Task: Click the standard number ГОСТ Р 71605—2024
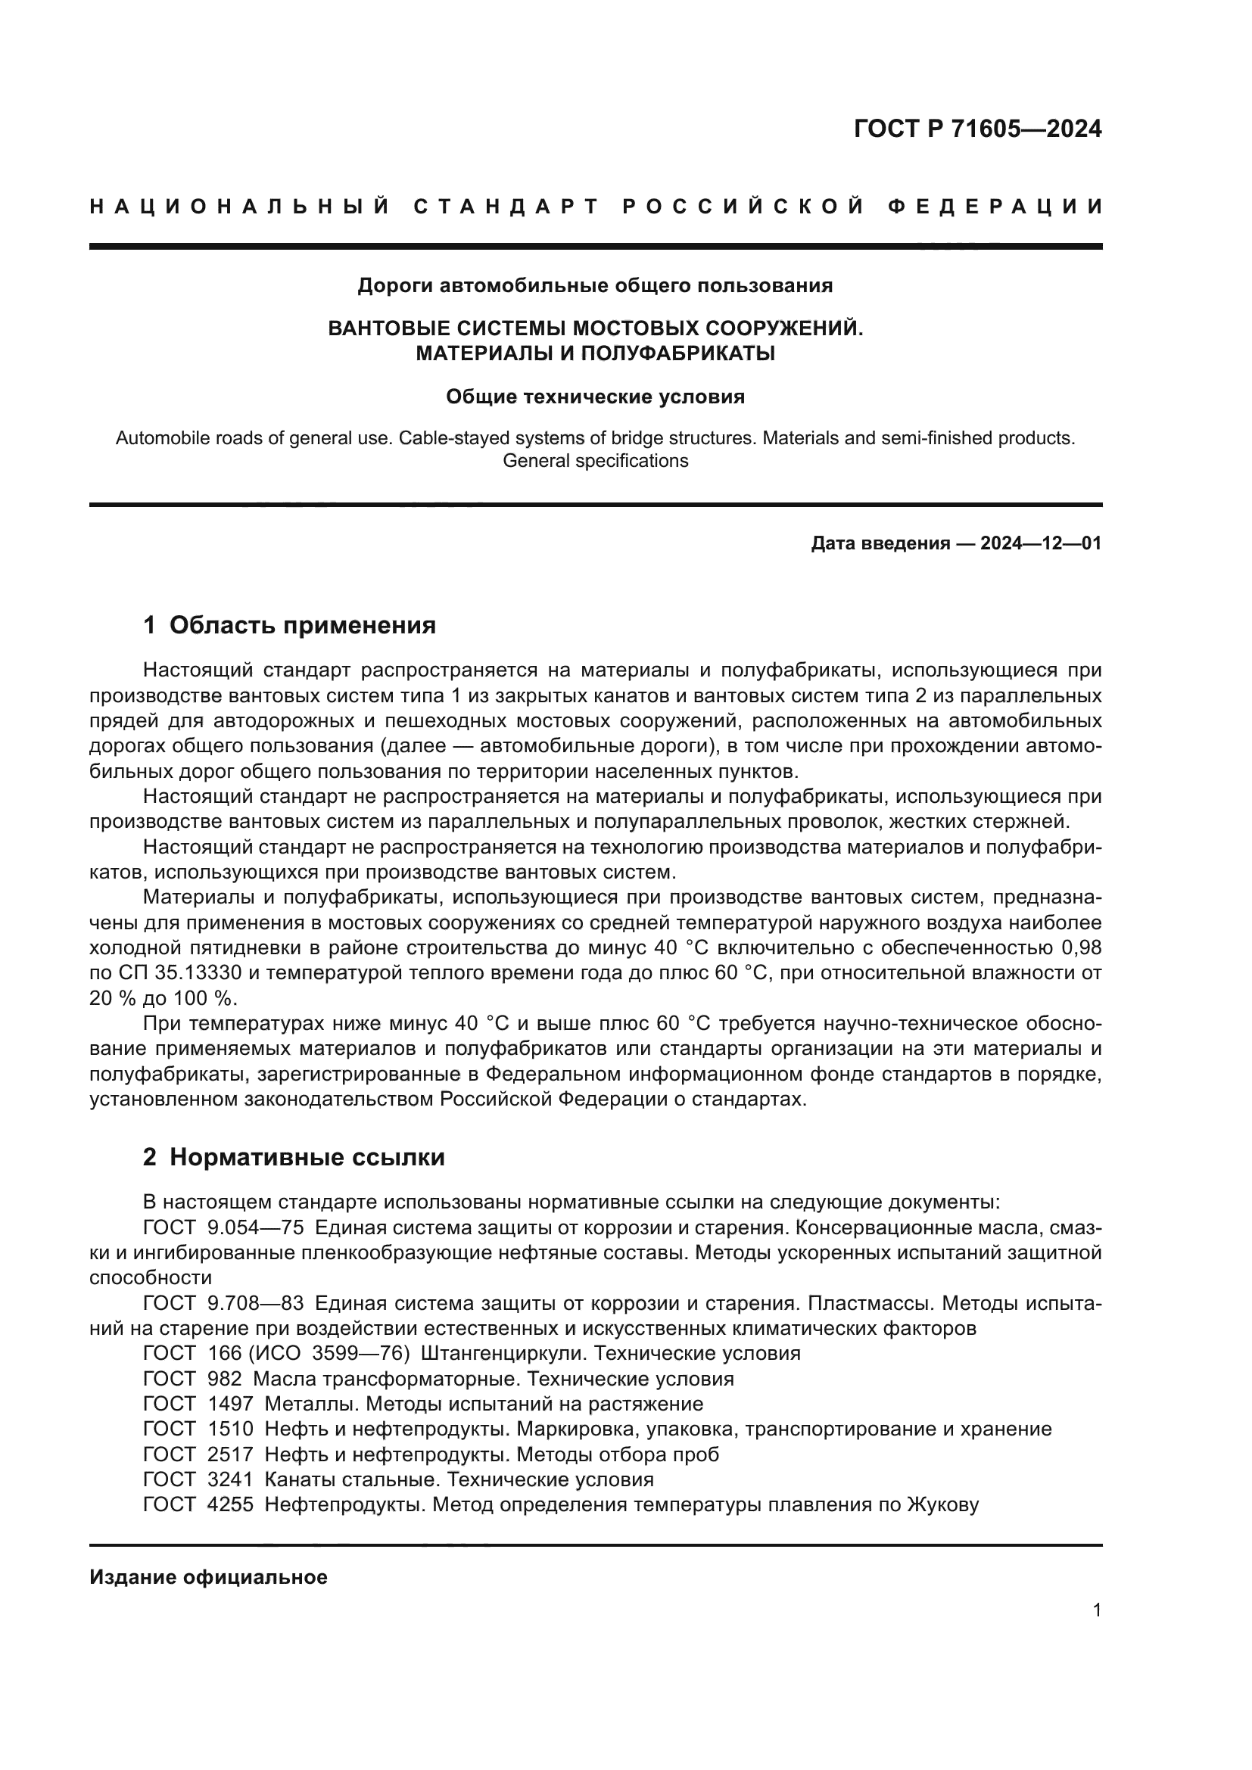pos(977,129)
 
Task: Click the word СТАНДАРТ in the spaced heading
pos(506,207)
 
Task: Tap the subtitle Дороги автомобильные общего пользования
pos(595,286)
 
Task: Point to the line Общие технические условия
pos(595,397)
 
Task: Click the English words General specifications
pos(595,461)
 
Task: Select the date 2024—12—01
pos(1041,543)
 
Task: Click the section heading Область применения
pos(302,625)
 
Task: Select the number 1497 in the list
pos(230,1404)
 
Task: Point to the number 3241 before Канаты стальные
pos(230,1479)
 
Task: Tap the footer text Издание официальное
pos(208,1577)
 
